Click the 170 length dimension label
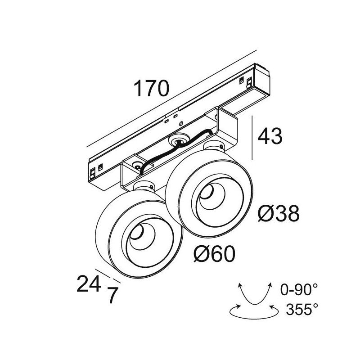tap(151, 88)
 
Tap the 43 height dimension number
tap(270, 136)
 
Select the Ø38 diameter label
tap(279, 213)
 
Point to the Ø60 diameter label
tap(214, 254)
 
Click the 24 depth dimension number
tap(89, 283)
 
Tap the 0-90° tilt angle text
tap(299, 289)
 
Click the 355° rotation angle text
tap(302, 309)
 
